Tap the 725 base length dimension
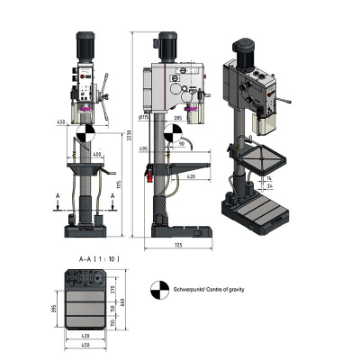180,246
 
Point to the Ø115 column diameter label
144,117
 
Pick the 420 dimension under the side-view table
191,177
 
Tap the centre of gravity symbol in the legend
158,290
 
